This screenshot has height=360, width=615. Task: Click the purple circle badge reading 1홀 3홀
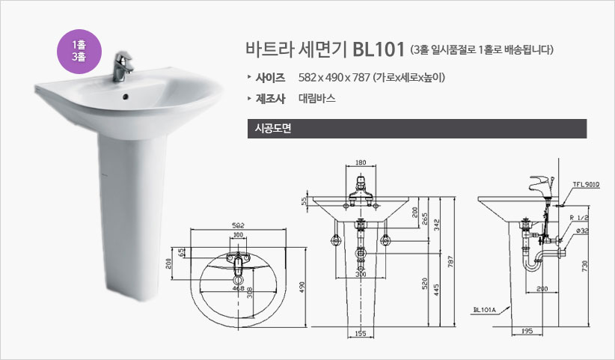79,52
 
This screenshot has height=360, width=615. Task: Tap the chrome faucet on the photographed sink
122,67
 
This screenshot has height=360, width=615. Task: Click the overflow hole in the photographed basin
126,96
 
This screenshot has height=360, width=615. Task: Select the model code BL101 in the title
379,49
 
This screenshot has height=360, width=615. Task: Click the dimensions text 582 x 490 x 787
334,78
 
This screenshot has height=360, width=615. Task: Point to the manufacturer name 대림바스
317,98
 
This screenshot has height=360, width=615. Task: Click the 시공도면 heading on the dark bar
273,129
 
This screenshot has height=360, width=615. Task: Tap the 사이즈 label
270,78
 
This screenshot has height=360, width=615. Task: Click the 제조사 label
270,99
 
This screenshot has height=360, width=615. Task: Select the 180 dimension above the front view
361,162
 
